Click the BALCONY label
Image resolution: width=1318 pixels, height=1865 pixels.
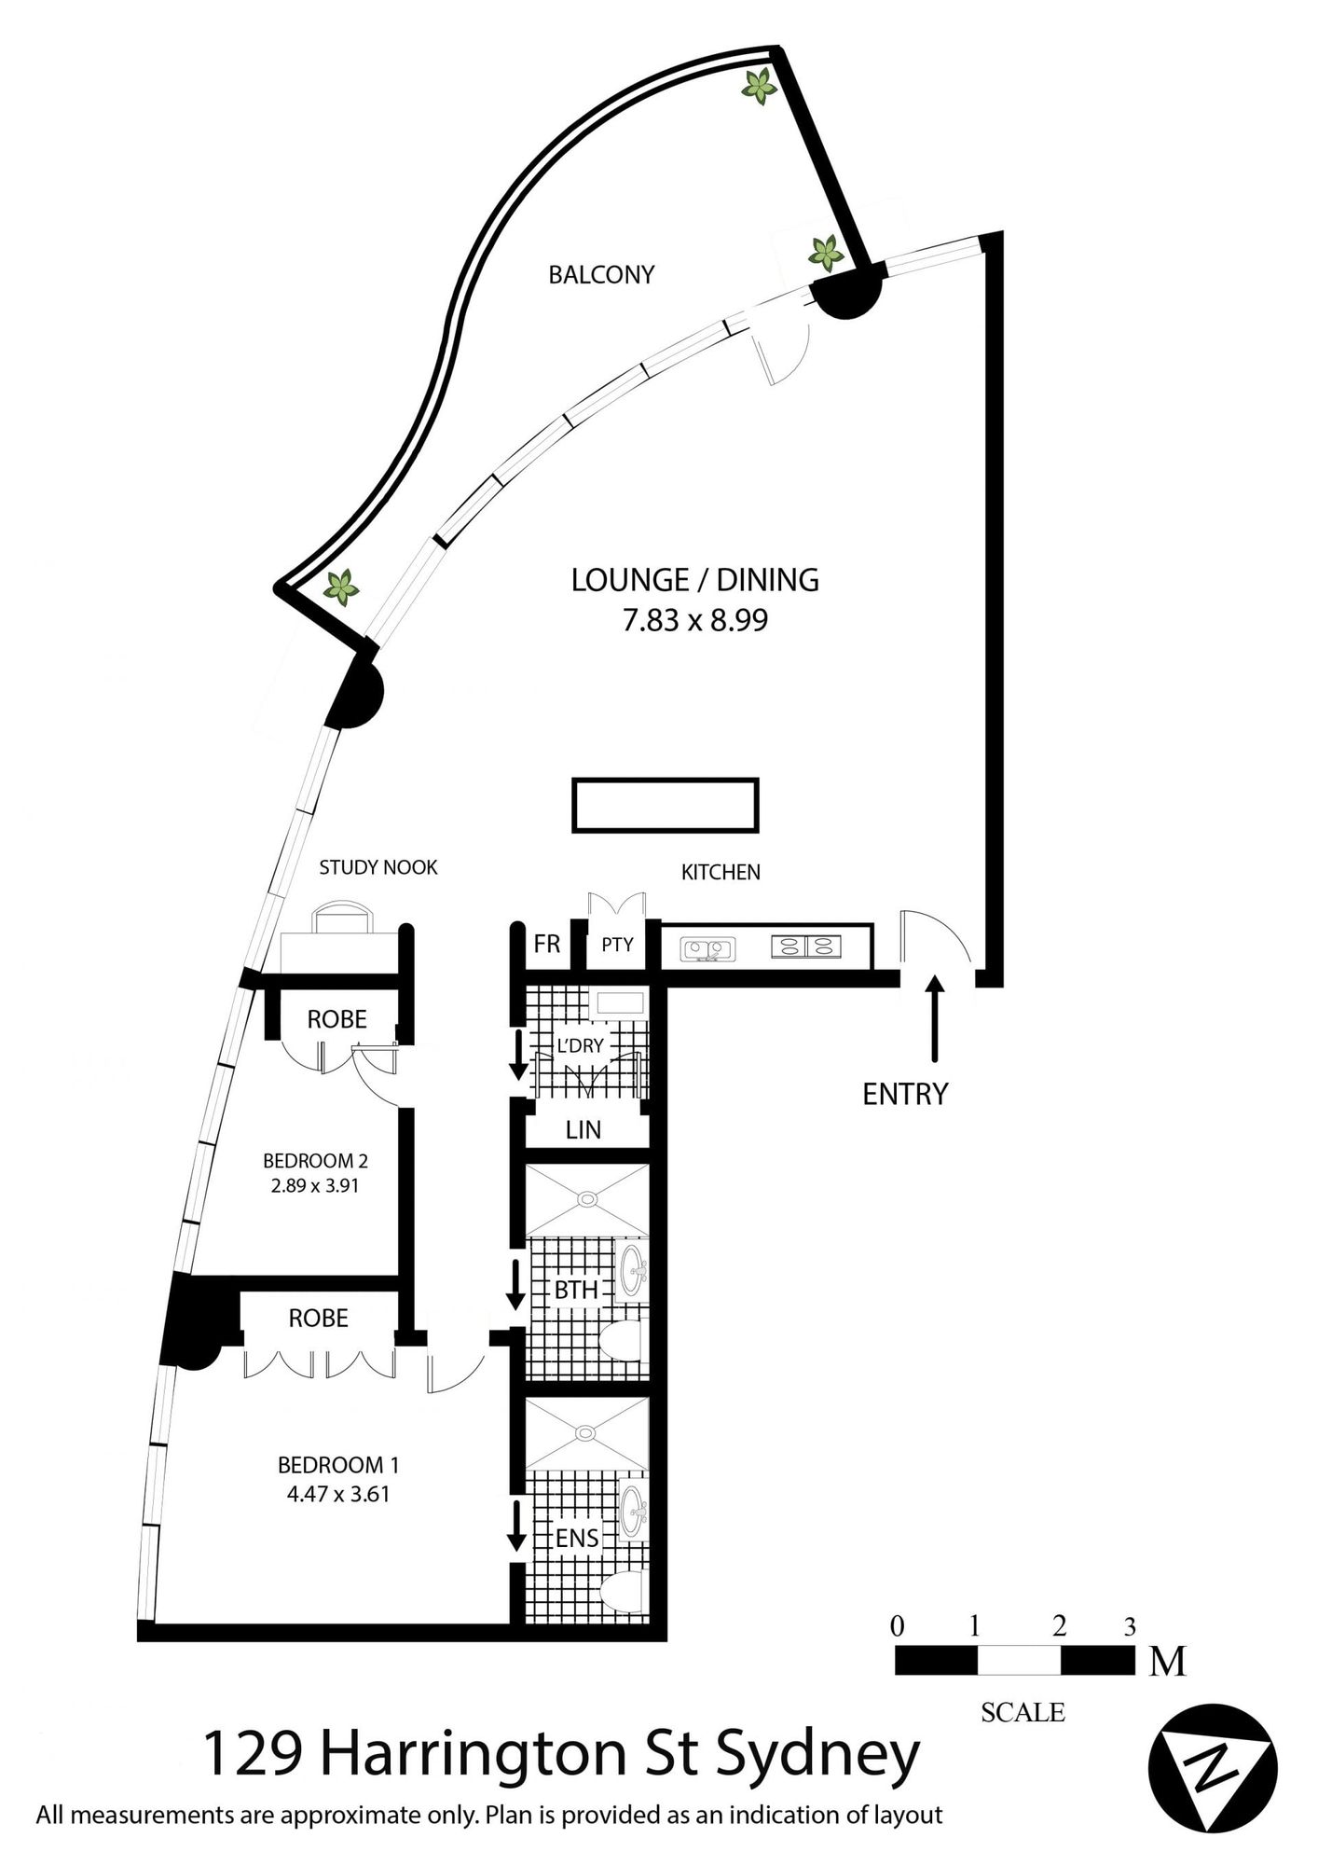(601, 275)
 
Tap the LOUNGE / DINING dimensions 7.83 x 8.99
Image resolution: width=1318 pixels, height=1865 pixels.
(695, 621)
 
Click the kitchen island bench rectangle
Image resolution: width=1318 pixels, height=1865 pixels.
(666, 806)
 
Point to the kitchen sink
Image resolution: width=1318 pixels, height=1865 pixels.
(708, 948)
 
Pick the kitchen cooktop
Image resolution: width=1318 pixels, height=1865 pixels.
(806, 946)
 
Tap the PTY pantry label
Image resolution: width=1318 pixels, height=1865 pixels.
(617, 945)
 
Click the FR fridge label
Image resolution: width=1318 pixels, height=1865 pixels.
(547, 944)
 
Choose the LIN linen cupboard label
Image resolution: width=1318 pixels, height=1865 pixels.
(583, 1130)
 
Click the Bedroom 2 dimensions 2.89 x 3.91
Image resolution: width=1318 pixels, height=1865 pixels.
(315, 1186)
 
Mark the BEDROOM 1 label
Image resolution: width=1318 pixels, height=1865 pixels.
(338, 1465)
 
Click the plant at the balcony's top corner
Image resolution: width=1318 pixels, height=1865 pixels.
(759, 87)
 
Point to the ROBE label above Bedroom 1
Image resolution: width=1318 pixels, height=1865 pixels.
(318, 1318)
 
